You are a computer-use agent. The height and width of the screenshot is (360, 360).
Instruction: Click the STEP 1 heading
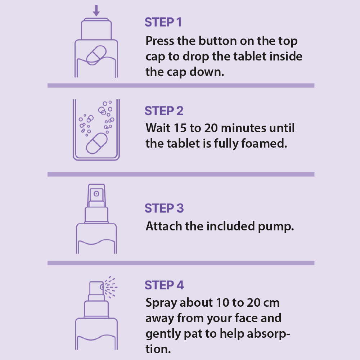tap(163, 22)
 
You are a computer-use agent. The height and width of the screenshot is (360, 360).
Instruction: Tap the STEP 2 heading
tap(164, 111)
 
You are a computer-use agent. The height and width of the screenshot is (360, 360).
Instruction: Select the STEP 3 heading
tap(164, 208)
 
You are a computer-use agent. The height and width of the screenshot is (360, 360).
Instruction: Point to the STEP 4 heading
tap(164, 285)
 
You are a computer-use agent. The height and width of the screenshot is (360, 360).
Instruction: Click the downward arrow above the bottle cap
tap(96, 10)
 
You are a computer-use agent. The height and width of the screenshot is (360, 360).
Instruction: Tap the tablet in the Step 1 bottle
tap(96, 55)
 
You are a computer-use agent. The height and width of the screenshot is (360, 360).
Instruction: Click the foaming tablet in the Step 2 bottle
tap(96, 143)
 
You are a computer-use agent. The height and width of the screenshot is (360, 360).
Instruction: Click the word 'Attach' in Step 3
tap(164, 226)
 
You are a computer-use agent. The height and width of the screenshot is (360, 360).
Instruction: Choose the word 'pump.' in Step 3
tap(276, 227)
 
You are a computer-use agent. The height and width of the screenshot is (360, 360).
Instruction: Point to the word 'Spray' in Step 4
tap(161, 303)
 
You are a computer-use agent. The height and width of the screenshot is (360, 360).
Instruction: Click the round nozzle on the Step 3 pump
tap(96, 194)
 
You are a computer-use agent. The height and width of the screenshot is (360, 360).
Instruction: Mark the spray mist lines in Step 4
tap(111, 287)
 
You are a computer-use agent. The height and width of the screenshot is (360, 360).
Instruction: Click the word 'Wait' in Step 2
tap(158, 128)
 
